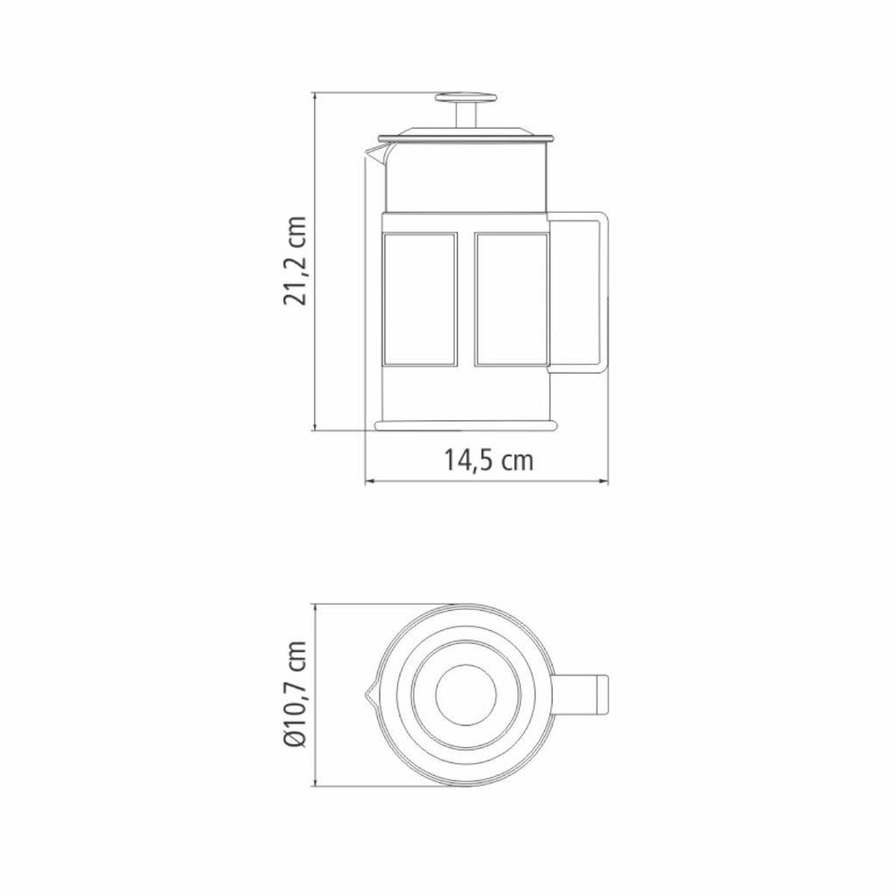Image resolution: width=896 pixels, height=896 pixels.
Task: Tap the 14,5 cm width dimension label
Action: coord(488,460)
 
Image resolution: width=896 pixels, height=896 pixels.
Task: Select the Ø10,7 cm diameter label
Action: coord(296,694)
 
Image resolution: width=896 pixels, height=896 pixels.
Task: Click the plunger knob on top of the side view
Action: coord(465,98)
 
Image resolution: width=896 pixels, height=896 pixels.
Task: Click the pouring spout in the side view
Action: coord(376,153)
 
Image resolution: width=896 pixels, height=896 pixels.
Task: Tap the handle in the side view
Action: coord(578,292)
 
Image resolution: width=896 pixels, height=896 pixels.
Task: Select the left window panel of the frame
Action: coord(420,299)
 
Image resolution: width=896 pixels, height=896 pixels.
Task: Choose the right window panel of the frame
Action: coord(511,299)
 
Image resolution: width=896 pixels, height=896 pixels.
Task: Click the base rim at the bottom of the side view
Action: coord(465,426)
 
